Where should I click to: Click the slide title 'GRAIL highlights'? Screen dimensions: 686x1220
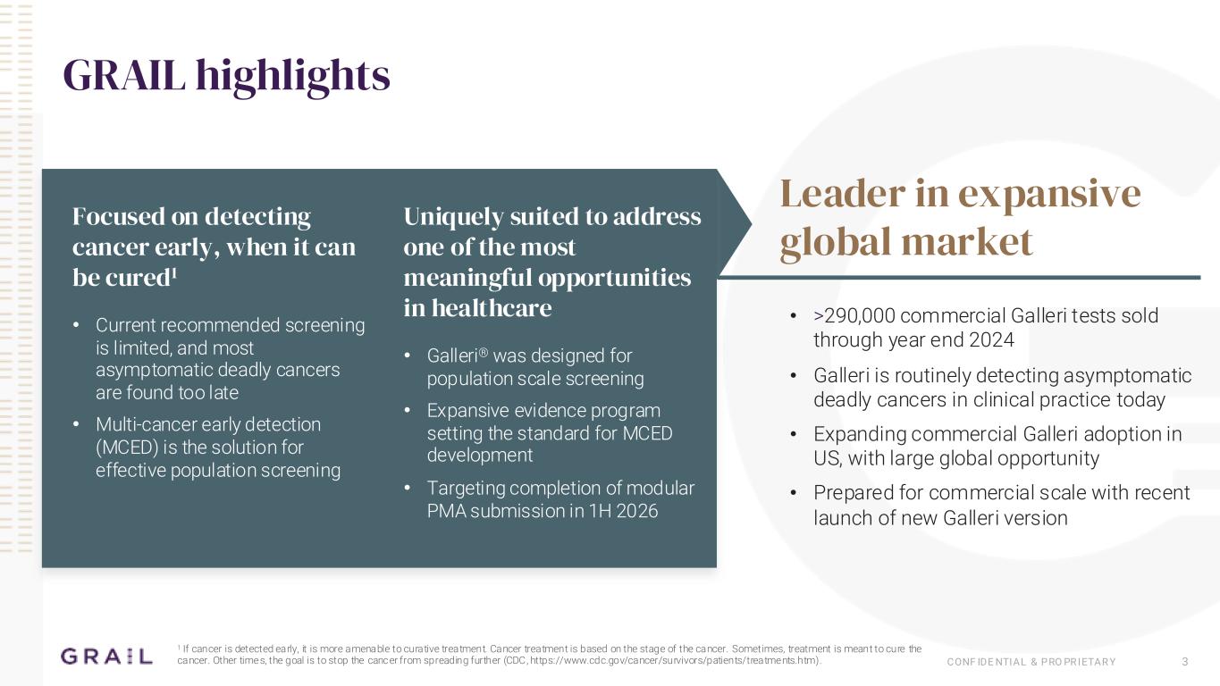(x=226, y=75)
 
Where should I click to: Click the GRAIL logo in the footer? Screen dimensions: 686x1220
(x=106, y=657)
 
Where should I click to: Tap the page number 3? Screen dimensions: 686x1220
(x=1184, y=662)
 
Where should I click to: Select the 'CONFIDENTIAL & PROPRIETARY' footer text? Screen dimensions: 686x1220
(x=1031, y=662)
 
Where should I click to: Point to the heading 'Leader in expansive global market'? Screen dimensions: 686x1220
(x=960, y=217)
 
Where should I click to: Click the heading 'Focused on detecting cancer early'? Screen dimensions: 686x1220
(x=214, y=247)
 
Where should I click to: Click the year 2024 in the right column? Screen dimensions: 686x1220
(x=991, y=340)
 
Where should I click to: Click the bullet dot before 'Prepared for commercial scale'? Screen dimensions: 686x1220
(x=795, y=493)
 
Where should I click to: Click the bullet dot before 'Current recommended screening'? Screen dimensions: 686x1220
(x=78, y=325)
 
